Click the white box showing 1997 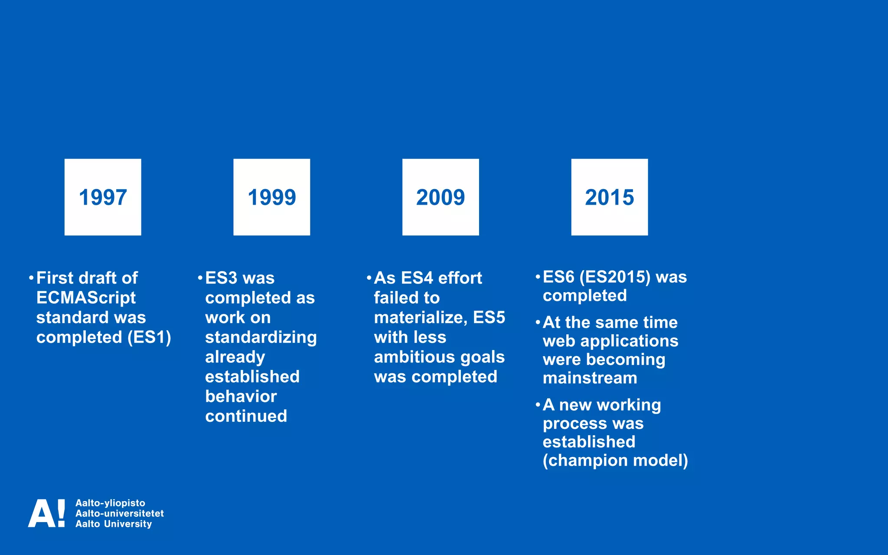pos(103,197)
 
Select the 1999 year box pos(271,197)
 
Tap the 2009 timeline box pos(441,197)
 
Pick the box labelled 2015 pos(609,197)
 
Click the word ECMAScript pos(86,298)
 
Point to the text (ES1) pos(149,337)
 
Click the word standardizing pos(261,337)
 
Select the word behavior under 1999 pos(241,396)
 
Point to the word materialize pos(420,317)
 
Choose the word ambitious pos(414,357)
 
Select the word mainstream pos(590,378)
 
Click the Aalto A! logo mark pos(47,513)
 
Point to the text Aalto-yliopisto pos(110,503)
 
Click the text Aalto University pos(114,524)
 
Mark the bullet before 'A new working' pos(538,405)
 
